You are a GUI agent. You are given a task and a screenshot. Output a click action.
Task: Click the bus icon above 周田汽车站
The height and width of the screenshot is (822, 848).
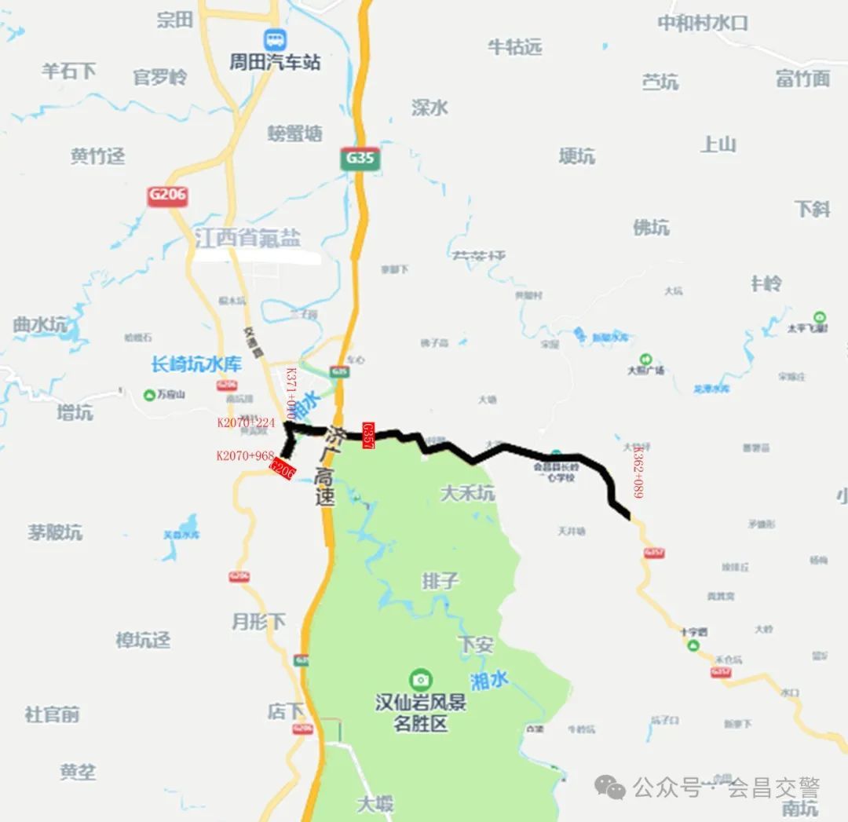pyautogui.click(x=275, y=38)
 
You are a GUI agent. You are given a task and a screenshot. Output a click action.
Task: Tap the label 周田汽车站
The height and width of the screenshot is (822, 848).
pyautogui.click(x=275, y=62)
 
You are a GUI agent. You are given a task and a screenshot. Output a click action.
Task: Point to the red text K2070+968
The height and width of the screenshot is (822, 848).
pyautogui.click(x=245, y=455)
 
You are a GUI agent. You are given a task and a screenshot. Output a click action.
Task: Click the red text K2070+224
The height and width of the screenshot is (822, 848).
pyautogui.click(x=246, y=422)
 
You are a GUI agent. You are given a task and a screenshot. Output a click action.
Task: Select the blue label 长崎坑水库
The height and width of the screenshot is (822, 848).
pyautogui.click(x=196, y=364)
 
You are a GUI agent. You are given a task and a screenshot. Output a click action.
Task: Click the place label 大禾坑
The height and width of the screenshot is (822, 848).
pyautogui.click(x=467, y=493)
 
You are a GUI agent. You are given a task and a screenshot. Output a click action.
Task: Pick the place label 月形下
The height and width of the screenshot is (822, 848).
pyautogui.click(x=258, y=622)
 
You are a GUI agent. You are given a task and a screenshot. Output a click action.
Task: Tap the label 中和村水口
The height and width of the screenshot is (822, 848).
pyautogui.click(x=702, y=23)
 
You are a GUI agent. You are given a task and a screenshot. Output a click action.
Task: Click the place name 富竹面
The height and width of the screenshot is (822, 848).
pyautogui.click(x=802, y=79)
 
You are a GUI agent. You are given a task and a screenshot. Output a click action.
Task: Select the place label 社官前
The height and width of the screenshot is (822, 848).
pyautogui.click(x=52, y=714)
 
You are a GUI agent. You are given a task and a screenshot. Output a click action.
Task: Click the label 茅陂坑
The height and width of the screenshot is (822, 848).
pyautogui.click(x=55, y=532)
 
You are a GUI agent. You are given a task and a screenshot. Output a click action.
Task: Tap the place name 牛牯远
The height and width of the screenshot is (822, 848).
pyautogui.click(x=515, y=47)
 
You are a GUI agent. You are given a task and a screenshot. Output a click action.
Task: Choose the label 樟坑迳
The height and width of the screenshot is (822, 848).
pyautogui.click(x=143, y=640)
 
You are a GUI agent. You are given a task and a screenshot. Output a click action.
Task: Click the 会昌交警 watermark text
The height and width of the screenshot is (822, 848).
pyautogui.click(x=773, y=787)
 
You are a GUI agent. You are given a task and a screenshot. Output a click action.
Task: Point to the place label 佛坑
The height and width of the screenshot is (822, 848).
pyautogui.click(x=651, y=228)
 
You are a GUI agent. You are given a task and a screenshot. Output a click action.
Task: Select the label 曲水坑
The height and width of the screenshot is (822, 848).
pyautogui.click(x=39, y=324)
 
